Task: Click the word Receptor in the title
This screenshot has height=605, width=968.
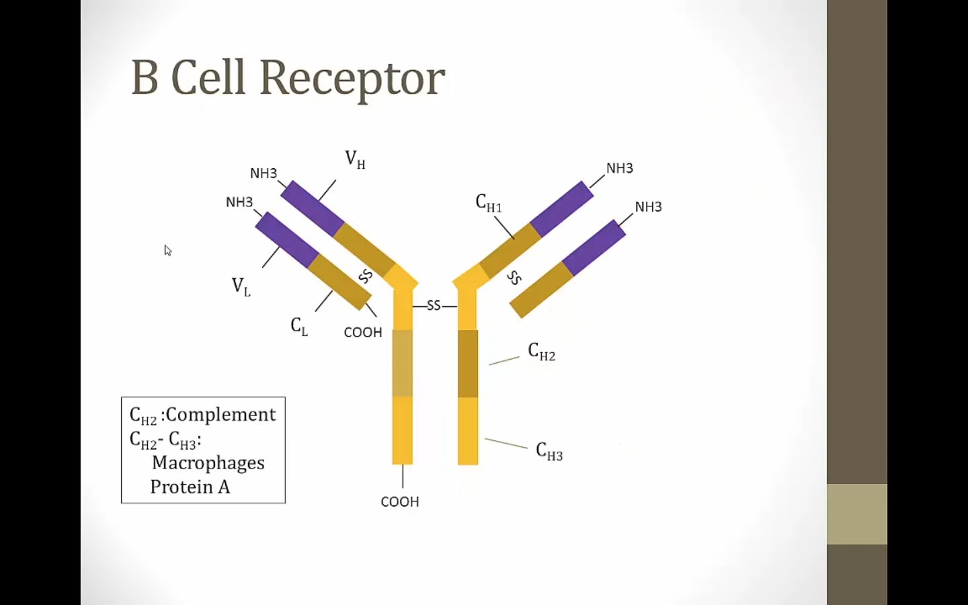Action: click(352, 78)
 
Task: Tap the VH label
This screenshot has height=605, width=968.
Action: click(355, 159)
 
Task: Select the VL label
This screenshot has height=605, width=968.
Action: click(241, 286)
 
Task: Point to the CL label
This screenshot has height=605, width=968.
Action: click(299, 326)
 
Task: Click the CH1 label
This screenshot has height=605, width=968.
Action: click(489, 203)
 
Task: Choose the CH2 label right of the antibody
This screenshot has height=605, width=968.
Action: click(542, 352)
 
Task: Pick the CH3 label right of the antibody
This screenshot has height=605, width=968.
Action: click(549, 451)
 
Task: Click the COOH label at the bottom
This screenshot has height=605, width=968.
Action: click(400, 501)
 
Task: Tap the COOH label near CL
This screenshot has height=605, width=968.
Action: click(363, 332)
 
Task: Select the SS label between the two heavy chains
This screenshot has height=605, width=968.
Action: click(434, 306)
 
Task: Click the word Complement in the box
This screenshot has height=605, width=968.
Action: click(220, 414)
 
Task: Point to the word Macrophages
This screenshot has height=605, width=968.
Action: click(208, 463)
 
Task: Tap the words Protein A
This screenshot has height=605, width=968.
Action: click(190, 487)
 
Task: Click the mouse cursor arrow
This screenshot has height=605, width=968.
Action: click(167, 250)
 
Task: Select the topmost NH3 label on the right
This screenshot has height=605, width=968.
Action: click(620, 168)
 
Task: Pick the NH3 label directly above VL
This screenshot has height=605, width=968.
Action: click(239, 202)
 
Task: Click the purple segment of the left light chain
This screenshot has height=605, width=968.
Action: click(287, 239)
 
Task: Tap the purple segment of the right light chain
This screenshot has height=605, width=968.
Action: click(594, 247)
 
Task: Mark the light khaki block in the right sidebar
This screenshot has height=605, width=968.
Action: click(856, 514)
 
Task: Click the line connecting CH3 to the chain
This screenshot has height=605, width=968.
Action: click(506, 443)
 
